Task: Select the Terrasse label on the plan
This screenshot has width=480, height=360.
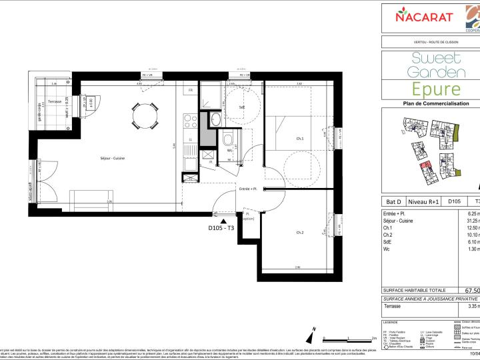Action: click(55, 101)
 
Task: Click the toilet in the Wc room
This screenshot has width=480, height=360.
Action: click(228, 141)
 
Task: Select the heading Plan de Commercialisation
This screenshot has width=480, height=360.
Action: click(431, 104)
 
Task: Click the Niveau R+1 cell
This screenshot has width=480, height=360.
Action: click(423, 200)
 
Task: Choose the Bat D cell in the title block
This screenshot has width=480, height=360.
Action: click(394, 200)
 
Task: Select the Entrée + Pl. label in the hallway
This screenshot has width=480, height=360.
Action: click(248, 189)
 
